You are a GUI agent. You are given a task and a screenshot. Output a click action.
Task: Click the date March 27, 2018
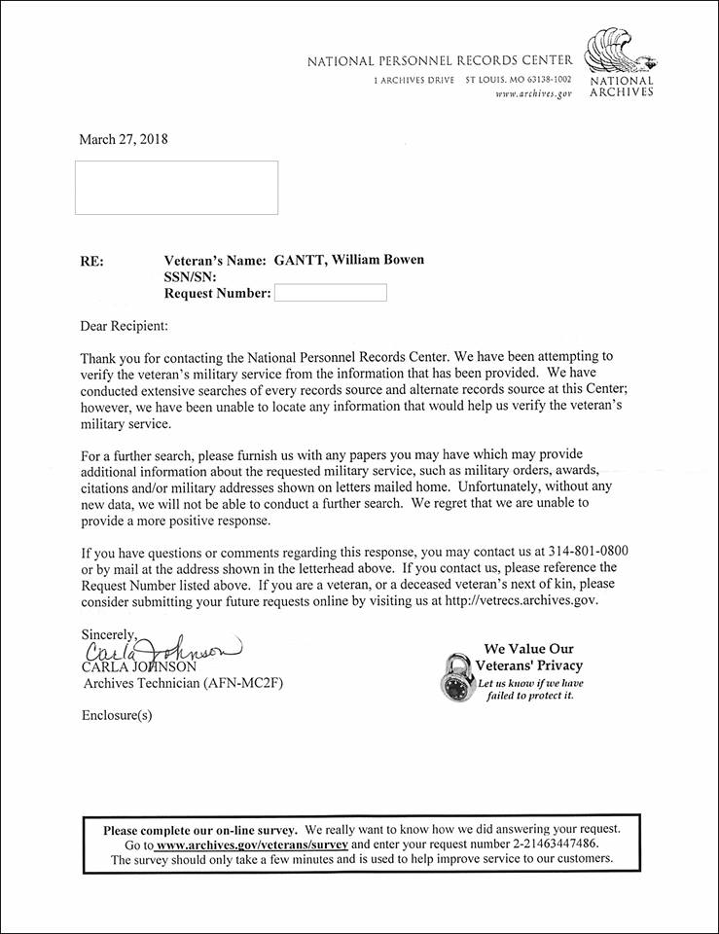[124, 139]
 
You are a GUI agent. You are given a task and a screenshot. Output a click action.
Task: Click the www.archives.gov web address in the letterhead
[533, 93]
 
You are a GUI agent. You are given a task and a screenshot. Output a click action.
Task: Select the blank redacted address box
[176, 188]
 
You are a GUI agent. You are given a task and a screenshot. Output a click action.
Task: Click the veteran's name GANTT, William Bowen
[347, 260]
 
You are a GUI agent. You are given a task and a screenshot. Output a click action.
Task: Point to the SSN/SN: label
[191, 276]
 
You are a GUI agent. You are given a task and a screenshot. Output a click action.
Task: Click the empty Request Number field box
[331, 293]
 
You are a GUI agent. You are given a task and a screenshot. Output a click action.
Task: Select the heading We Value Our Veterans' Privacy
[528, 657]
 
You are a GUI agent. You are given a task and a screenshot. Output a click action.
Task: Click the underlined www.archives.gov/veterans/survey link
[252, 844]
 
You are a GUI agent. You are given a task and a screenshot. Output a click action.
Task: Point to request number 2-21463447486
[548, 844]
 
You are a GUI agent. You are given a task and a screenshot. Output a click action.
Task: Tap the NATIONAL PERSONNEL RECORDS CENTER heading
[440, 61]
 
